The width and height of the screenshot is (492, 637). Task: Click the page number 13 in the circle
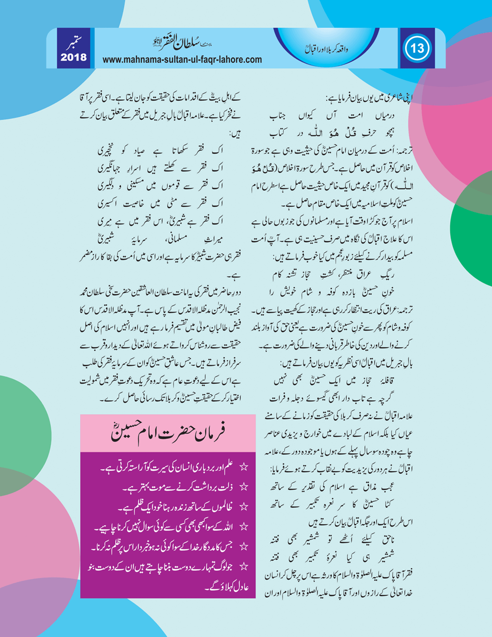pos(417,48)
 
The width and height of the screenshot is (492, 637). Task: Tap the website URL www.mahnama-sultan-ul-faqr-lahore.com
pos(182,60)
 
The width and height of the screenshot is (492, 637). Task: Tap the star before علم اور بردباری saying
pos(244,467)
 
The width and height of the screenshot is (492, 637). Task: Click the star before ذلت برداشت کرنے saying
pos(244,487)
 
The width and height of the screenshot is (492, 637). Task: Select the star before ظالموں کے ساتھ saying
pos(244,507)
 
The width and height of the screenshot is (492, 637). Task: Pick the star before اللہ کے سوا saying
pos(244,527)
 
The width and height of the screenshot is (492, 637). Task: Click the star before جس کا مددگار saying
pos(244,546)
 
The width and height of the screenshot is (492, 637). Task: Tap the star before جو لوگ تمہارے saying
pos(244,566)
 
